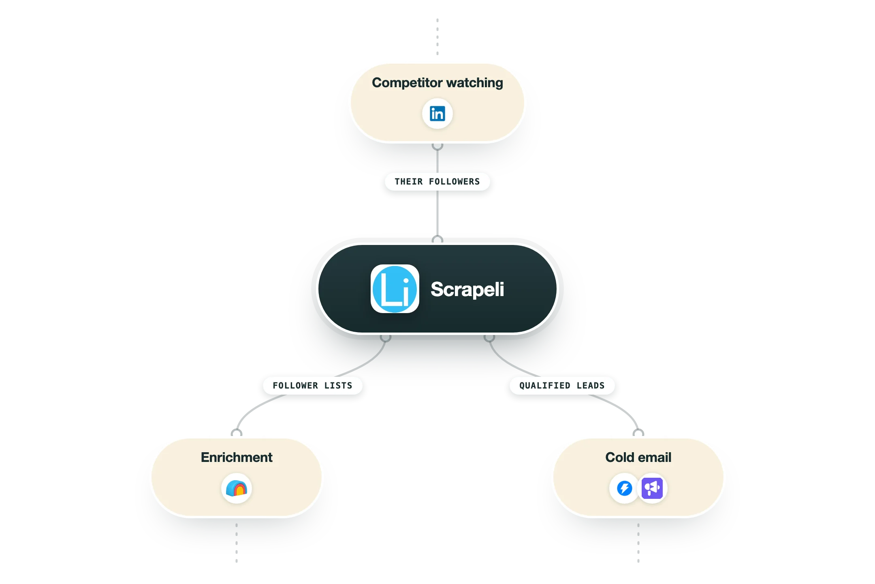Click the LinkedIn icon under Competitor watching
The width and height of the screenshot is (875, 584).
tap(437, 114)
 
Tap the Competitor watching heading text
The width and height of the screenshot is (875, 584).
tap(437, 83)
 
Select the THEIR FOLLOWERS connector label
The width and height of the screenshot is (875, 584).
tap(437, 182)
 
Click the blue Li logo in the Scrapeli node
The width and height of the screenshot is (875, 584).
tap(395, 289)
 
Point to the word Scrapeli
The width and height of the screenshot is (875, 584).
tap(467, 289)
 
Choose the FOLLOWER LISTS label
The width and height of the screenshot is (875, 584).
tap(313, 386)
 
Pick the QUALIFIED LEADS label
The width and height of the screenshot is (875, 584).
tap(562, 386)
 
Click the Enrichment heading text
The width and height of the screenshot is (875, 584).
tap(237, 457)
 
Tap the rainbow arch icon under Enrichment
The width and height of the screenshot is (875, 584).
tap(237, 488)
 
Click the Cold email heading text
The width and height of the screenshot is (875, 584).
tap(638, 457)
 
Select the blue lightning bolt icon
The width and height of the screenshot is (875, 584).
tap(625, 488)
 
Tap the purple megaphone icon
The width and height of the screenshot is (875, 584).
tap(652, 488)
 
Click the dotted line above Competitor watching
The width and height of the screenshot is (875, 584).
tap(437, 36)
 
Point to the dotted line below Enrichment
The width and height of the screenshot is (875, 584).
tap(237, 543)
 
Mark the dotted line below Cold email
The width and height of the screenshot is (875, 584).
tap(638, 543)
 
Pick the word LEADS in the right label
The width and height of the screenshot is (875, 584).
tap(591, 386)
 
